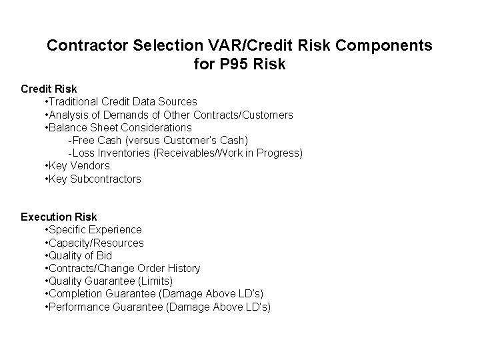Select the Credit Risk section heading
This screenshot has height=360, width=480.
[x=49, y=89]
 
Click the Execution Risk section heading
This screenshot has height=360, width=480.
[x=59, y=217]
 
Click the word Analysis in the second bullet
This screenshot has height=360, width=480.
[x=70, y=115]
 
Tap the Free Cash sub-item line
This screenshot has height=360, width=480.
[x=158, y=140]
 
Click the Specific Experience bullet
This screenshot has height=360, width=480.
[x=92, y=230]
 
